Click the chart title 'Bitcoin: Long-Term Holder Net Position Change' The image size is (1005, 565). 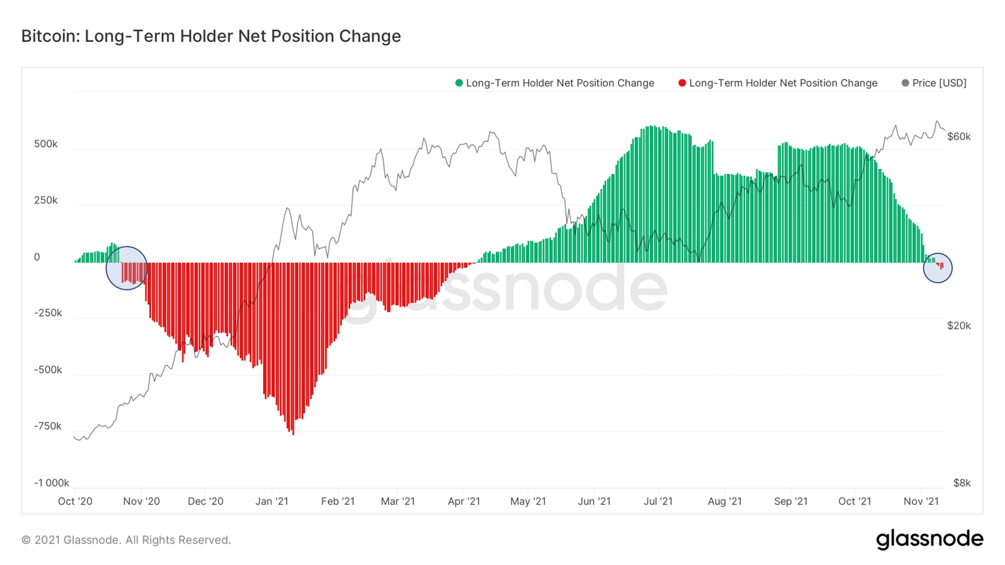[211, 36]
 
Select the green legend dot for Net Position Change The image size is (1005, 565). [459, 83]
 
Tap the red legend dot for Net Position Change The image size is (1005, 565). [682, 83]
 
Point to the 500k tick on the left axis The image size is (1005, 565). [46, 144]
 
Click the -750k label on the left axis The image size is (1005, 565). [47, 426]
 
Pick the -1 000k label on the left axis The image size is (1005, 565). [51, 483]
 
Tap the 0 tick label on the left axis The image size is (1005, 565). [37, 257]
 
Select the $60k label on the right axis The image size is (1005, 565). [959, 137]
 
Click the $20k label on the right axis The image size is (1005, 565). [959, 326]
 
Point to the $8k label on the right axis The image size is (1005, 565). [961, 483]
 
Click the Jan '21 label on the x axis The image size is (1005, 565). [272, 502]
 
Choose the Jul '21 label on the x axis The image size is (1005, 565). [658, 502]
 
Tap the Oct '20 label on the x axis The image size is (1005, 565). [75, 502]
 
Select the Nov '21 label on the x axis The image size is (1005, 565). [921, 502]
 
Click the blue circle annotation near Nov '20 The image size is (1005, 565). [127, 268]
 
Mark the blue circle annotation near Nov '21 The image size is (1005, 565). [938, 268]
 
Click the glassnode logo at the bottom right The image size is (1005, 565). [929, 539]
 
